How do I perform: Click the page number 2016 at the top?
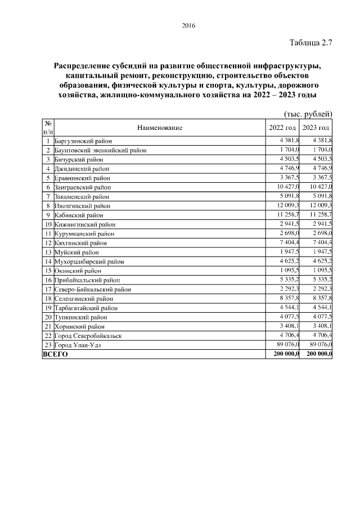click(188, 25)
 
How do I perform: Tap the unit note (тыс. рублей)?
click(308, 114)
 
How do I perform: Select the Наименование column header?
click(160, 128)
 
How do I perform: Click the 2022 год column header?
click(283, 128)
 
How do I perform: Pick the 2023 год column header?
click(316, 128)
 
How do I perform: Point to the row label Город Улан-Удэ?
click(78, 345)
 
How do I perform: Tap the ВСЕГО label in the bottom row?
click(55, 354)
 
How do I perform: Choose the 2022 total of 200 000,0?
click(286, 354)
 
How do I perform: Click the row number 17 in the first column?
click(48, 289)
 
